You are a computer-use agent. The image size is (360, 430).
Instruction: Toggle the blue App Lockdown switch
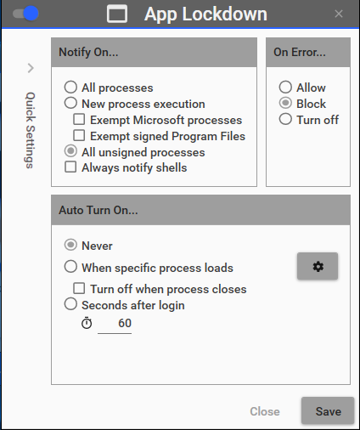(x=25, y=14)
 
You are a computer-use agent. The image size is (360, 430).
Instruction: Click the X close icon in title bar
(x=339, y=14)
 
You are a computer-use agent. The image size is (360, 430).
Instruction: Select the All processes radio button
(x=70, y=87)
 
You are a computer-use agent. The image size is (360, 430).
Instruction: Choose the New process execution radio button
(x=70, y=103)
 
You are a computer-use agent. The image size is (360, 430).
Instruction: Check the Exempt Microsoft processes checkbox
(x=79, y=119)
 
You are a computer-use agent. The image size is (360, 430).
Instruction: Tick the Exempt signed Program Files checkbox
(x=79, y=135)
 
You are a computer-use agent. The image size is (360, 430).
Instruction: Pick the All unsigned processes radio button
(x=70, y=151)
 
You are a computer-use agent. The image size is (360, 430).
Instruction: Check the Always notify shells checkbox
(x=70, y=167)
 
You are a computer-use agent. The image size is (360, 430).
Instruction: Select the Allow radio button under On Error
(x=285, y=87)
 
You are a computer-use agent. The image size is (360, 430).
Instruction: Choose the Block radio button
(x=285, y=103)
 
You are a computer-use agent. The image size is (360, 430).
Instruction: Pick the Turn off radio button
(x=285, y=119)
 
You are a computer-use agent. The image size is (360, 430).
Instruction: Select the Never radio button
(x=70, y=245)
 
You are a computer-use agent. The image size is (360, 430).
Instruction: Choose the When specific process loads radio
(x=70, y=267)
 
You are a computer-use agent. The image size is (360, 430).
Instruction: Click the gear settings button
(x=318, y=266)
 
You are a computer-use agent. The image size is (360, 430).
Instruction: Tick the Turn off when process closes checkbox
(x=79, y=288)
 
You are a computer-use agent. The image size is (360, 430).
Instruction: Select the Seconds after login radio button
(x=70, y=304)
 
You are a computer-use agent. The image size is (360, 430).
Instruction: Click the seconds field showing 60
(x=115, y=324)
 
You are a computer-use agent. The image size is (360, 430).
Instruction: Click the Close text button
(x=265, y=411)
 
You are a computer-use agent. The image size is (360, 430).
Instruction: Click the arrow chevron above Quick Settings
(x=31, y=68)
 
